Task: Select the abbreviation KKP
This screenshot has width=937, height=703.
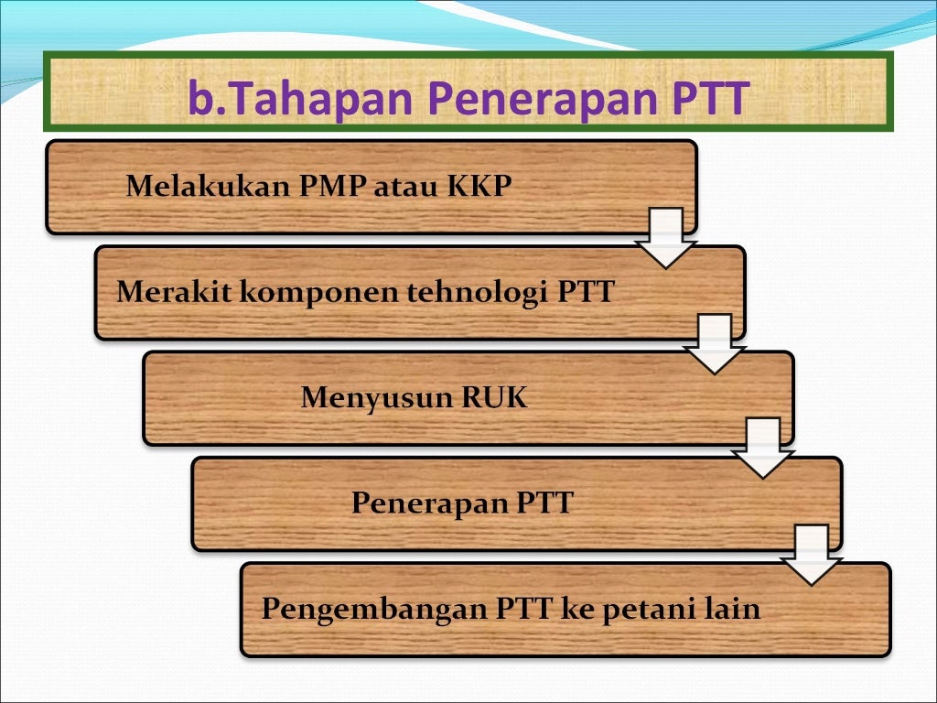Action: pyautogui.click(x=479, y=187)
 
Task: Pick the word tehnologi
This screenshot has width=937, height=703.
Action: pyautogui.click(x=477, y=293)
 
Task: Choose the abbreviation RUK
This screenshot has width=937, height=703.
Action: pyautogui.click(x=494, y=398)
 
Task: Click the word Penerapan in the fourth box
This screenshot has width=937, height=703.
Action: pyautogui.click(x=429, y=503)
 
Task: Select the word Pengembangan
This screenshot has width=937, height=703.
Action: pyautogui.click(x=374, y=610)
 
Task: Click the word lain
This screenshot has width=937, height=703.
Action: pyautogui.click(x=733, y=610)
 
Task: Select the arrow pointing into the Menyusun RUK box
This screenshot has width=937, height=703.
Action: pyautogui.click(x=715, y=343)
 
